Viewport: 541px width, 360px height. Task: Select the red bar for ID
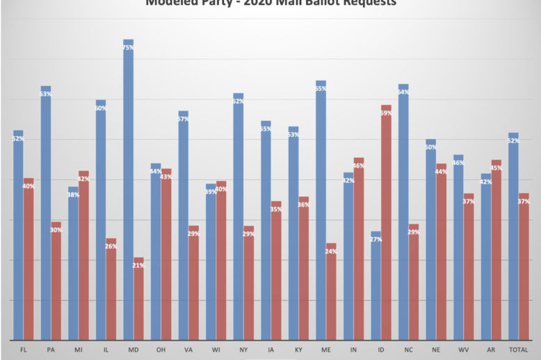(386, 222)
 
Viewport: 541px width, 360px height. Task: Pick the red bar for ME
(331, 292)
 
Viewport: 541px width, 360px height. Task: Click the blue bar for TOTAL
(513, 236)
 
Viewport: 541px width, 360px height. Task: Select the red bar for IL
(111, 289)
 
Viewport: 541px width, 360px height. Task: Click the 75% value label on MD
(129, 47)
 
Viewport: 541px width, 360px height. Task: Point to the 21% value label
(138, 265)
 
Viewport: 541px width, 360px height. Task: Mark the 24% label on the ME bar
(331, 251)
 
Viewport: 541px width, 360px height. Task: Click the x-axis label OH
(161, 349)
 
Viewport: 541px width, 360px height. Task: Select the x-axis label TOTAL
(518, 349)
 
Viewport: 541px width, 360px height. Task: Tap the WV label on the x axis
(463, 349)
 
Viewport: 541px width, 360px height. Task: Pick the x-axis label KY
(298, 349)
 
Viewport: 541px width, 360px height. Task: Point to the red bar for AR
(496, 250)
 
